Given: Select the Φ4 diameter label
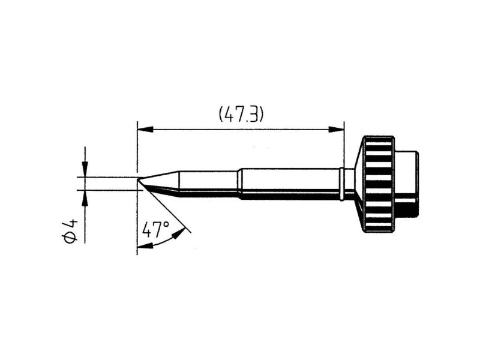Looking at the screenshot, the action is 70,232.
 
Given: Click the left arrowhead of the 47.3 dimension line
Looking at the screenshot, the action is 145,129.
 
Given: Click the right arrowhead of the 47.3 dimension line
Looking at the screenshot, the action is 337,129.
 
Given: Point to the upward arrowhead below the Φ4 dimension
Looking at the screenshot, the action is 85,198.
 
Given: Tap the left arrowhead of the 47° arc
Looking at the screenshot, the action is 145,245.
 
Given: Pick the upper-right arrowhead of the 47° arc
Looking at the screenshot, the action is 179,233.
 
